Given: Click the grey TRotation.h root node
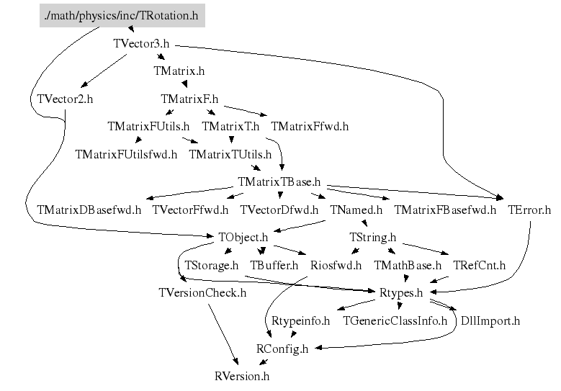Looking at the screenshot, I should (122, 14).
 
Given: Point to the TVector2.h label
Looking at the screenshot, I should (64, 99).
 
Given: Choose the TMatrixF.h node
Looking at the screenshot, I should (189, 99).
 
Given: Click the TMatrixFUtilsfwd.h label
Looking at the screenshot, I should (126, 154).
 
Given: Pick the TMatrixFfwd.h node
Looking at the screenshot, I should (310, 126).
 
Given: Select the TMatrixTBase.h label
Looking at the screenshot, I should (279, 182).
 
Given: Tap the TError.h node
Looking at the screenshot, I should (529, 210).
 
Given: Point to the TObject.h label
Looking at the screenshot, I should (243, 237).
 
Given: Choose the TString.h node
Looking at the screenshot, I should (372, 237).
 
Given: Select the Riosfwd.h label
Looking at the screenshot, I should (336, 265).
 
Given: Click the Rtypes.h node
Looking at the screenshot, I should (400, 292).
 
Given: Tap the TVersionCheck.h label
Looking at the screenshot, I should (202, 292).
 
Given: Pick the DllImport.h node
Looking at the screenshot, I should (490, 320).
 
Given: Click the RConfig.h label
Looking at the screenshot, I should (282, 349).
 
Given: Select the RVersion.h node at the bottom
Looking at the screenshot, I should (242, 376).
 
